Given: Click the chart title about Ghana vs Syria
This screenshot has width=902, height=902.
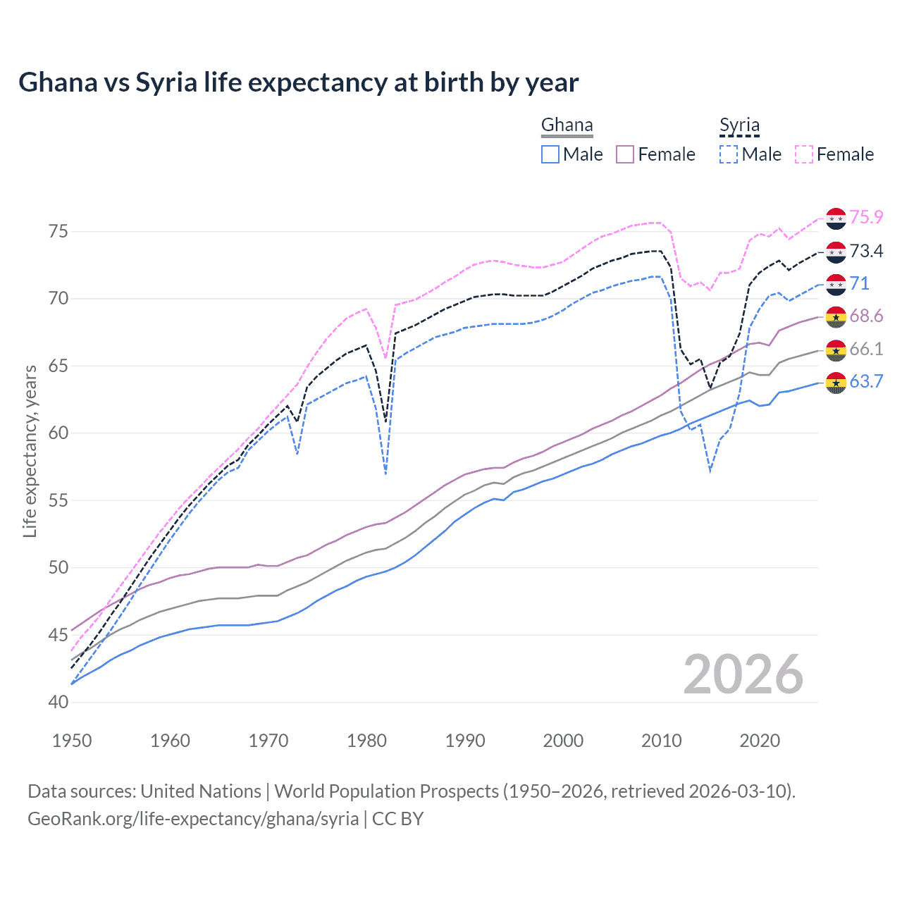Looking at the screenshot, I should click(x=298, y=82).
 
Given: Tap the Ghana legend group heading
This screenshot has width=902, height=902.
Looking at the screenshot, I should click(x=567, y=125).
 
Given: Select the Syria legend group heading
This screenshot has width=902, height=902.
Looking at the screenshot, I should click(x=739, y=125).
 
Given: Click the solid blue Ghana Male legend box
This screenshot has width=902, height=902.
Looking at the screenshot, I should click(x=550, y=154).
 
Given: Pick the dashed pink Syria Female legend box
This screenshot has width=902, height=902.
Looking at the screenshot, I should click(x=804, y=154).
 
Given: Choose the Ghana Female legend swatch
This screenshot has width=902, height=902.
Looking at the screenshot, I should click(x=625, y=154).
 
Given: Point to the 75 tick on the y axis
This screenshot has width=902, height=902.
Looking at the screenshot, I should click(x=58, y=232).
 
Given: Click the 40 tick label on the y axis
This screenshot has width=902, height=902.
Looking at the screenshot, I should click(x=58, y=703).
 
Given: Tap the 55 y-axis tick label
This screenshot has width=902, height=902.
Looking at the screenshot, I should click(x=58, y=501).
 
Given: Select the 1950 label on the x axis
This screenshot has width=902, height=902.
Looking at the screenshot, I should click(x=72, y=741).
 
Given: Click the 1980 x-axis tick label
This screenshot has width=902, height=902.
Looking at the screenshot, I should click(x=366, y=741).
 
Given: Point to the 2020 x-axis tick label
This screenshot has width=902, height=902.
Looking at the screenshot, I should click(x=760, y=741).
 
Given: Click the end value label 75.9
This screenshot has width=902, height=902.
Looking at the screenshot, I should click(x=866, y=218).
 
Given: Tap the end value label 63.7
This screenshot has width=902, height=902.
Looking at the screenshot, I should click(x=866, y=382).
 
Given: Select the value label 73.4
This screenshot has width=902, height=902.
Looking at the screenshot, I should click(x=866, y=251).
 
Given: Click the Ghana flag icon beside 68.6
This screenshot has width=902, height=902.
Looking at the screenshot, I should click(x=836, y=317).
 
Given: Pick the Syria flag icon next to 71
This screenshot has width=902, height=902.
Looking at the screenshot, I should click(x=836, y=284).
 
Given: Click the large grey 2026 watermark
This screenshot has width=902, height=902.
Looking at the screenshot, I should click(x=743, y=675).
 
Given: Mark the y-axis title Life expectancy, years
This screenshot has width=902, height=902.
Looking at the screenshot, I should click(x=30, y=451).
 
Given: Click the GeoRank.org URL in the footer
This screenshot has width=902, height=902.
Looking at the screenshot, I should click(x=193, y=819).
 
